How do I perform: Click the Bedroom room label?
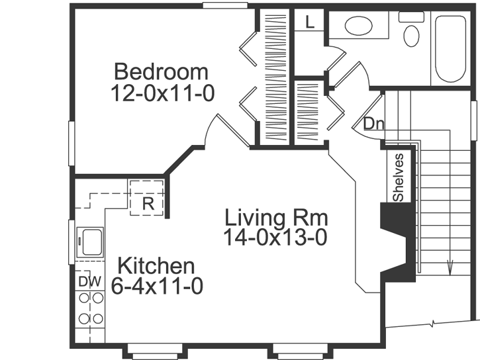point(161,71)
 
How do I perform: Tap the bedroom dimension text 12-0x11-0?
point(163,93)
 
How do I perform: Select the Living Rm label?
point(276,217)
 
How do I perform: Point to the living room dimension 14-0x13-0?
point(275,238)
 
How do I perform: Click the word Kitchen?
point(156,267)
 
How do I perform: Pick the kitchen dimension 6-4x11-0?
point(157,287)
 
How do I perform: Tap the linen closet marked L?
point(310,21)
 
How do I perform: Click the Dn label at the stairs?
point(373,123)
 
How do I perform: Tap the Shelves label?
point(398,177)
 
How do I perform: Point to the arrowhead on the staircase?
point(450,268)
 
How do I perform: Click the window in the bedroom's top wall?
point(224,6)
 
